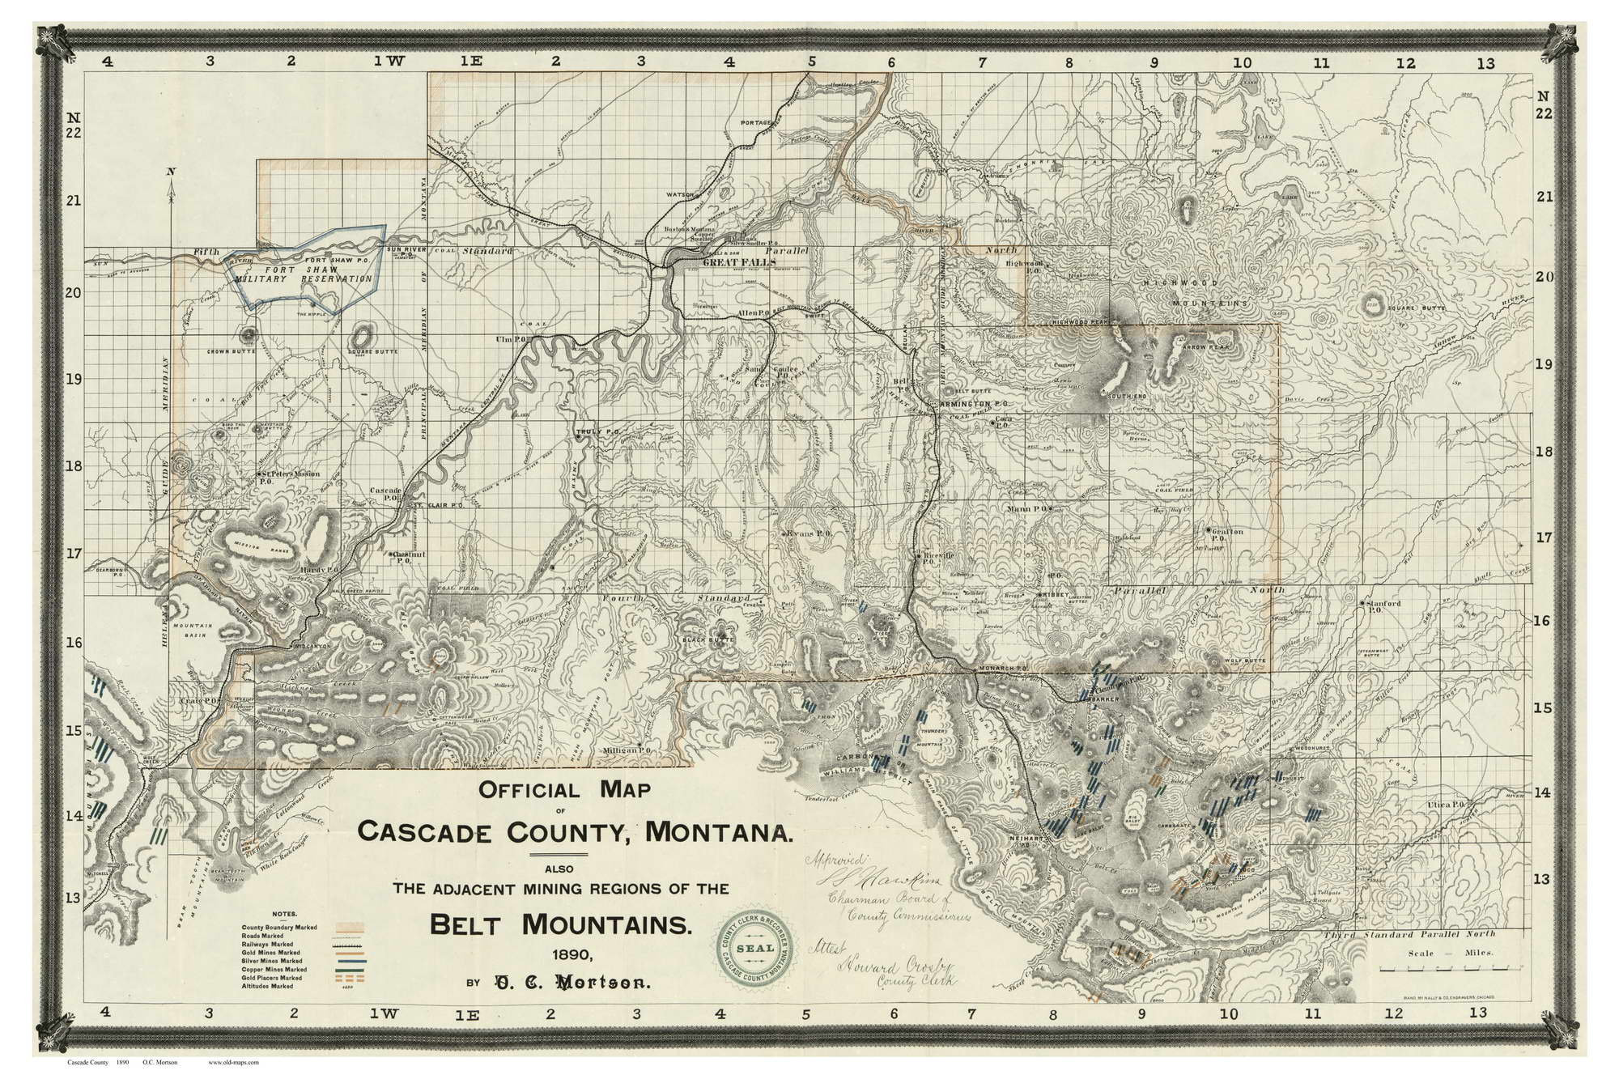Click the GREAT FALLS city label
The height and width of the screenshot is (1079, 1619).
[738, 262]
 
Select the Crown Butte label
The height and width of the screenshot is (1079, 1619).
[231, 351]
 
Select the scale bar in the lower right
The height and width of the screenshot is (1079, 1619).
[1438, 969]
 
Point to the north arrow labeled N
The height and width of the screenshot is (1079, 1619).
[170, 172]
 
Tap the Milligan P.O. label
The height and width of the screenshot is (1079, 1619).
[628, 751]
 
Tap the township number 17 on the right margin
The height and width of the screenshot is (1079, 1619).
[1544, 537]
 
